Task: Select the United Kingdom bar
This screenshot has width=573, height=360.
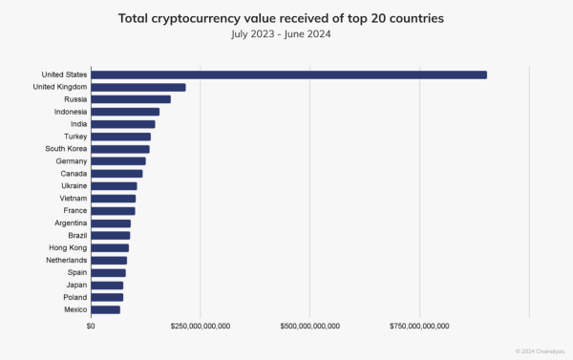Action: (139, 87)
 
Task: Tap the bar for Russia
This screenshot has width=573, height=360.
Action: (132, 99)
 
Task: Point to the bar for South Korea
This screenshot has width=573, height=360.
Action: (121, 149)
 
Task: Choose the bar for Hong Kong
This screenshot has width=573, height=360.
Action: (111, 247)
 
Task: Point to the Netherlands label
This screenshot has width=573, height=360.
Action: (67, 260)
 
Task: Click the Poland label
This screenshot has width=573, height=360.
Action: (74, 297)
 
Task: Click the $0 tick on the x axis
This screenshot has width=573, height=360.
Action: (91, 326)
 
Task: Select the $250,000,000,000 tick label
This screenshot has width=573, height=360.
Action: (200, 326)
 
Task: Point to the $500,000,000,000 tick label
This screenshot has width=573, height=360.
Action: (309, 326)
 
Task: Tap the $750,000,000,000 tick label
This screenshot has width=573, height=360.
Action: (419, 326)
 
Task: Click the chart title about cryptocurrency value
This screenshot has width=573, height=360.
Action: (286, 18)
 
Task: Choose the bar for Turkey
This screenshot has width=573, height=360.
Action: (121, 137)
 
